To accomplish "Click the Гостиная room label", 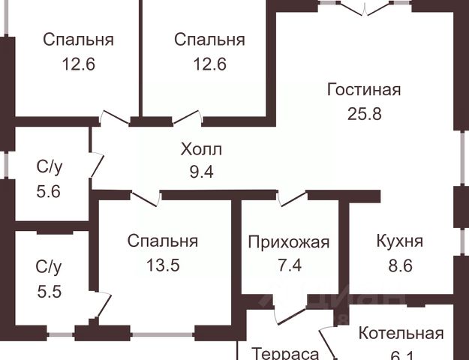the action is (x=364, y=90).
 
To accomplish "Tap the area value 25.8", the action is (x=364, y=115).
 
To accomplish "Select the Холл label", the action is (x=201, y=148).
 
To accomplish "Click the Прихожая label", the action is (x=289, y=241).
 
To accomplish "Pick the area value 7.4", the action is (x=289, y=265).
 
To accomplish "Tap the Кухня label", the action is (x=399, y=241).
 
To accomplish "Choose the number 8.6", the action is (x=399, y=265).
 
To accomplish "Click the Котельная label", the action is (x=401, y=334).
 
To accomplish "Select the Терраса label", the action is (x=285, y=353).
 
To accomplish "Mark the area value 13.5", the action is (x=163, y=265).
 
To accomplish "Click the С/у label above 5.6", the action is (x=50, y=166).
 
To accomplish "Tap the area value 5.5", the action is (x=50, y=290).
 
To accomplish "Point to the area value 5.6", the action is (x=50, y=190).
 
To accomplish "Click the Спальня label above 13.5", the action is (x=163, y=241).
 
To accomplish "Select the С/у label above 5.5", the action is (x=50, y=266).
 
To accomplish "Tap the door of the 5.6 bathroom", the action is (x=95, y=163).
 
